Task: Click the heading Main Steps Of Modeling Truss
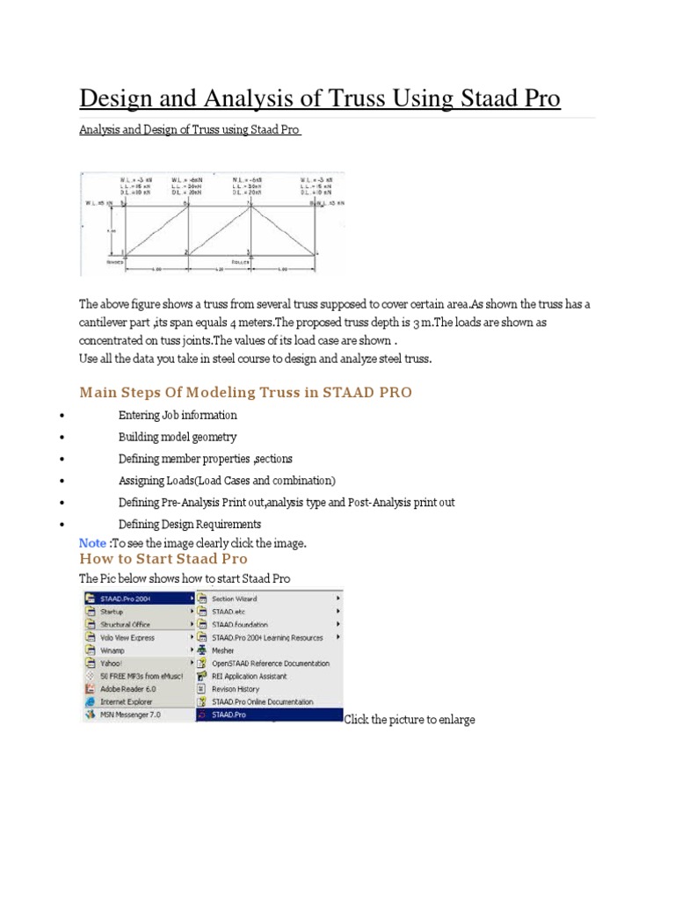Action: (x=245, y=392)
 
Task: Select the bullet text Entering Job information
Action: (x=178, y=415)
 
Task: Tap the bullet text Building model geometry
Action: (x=178, y=437)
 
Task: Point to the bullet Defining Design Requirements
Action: (x=190, y=525)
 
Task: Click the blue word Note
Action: (x=93, y=543)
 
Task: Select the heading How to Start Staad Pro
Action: (x=163, y=559)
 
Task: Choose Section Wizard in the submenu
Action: (x=235, y=599)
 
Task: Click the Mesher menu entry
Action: (x=223, y=650)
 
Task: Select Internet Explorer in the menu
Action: (x=126, y=702)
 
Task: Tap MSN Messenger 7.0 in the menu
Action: (x=130, y=715)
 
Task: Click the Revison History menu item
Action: (x=236, y=689)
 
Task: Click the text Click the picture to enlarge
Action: (x=410, y=720)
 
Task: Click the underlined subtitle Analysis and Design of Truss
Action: (x=189, y=130)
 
